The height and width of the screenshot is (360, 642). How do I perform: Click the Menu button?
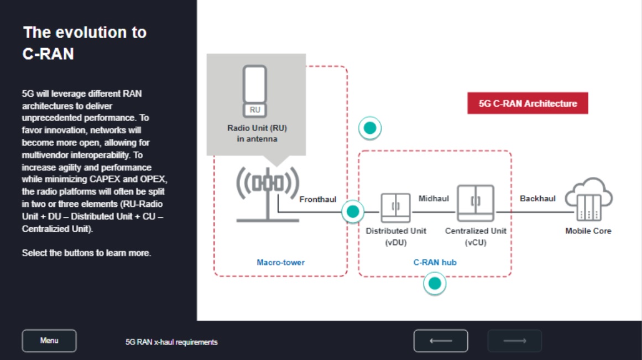coord(49,341)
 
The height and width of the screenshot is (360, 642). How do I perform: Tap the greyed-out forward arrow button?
coord(514,341)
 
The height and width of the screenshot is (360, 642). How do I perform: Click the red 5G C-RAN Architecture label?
coord(528,103)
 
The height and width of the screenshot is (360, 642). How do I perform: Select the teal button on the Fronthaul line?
coord(352,211)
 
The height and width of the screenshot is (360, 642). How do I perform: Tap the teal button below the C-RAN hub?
coord(435,284)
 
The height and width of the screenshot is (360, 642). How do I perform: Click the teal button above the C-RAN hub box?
coord(370,128)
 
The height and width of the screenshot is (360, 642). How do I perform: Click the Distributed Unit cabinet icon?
coord(395,207)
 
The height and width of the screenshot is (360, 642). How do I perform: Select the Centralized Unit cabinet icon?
coord(476,204)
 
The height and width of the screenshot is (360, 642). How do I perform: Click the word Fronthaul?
coord(317,200)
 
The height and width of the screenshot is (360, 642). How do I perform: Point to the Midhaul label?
coord(434,198)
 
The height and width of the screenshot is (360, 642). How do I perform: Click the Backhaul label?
coord(537,198)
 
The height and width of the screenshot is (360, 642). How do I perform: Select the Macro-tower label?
coord(280,262)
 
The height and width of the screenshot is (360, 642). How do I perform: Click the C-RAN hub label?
coord(435,262)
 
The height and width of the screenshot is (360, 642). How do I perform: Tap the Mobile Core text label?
coord(588,231)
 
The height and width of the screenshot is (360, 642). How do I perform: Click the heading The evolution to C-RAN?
coord(85,43)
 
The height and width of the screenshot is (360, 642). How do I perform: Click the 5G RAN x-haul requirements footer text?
coord(171,342)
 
